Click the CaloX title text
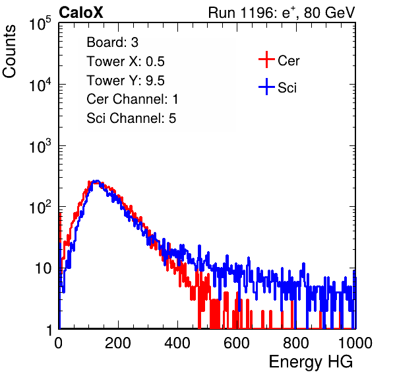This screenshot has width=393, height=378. (x=81, y=13)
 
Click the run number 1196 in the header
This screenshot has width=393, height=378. (x=257, y=13)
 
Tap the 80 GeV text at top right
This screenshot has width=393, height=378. (x=329, y=13)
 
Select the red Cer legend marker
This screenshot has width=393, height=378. (x=266, y=59)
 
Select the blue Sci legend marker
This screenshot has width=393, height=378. (x=266, y=87)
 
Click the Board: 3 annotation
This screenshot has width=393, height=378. (x=112, y=42)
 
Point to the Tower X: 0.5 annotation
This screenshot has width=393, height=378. (x=125, y=61)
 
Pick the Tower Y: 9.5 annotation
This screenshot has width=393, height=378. (x=125, y=81)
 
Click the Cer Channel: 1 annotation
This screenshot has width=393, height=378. (x=133, y=99)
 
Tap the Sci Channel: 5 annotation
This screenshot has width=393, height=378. (x=131, y=118)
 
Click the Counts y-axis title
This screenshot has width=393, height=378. (x=9, y=52)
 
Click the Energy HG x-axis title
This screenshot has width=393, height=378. (x=311, y=362)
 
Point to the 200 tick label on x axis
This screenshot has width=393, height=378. (x=118, y=343)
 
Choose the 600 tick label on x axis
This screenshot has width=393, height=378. (x=237, y=343)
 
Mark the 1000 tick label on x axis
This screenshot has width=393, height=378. (x=355, y=343)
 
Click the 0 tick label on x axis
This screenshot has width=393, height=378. (x=58, y=343)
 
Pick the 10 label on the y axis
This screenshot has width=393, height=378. (x=44, y=268)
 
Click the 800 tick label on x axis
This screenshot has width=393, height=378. (x=296, y=343)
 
